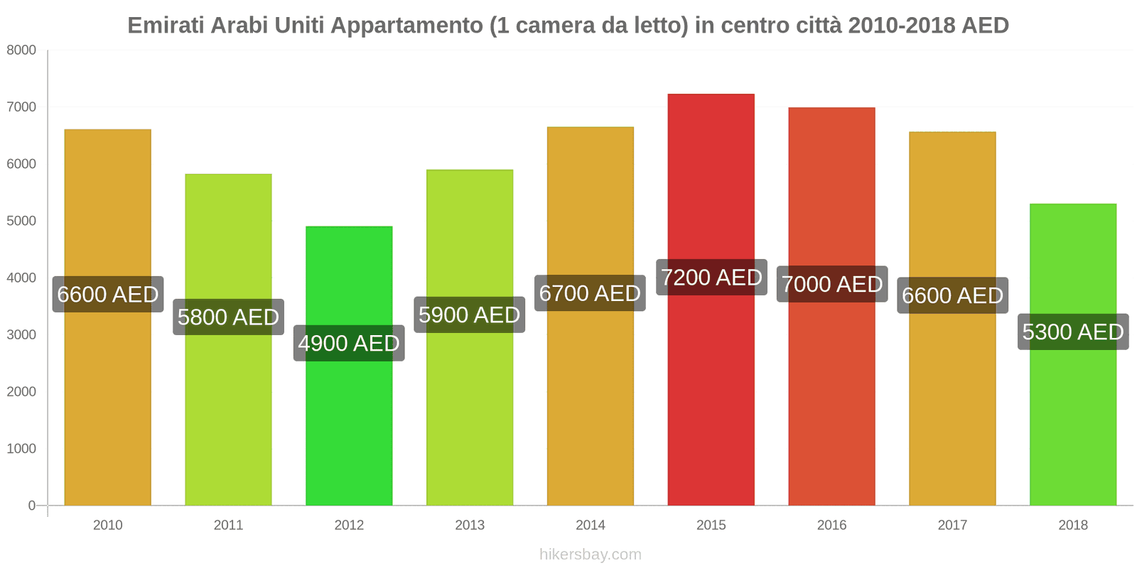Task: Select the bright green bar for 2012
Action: point(349,426)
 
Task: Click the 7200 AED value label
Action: point(711,278)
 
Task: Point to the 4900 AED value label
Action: point(349,344)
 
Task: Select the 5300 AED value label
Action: point(1072,332)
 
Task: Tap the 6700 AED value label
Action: point(590,293)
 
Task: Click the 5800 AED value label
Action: point(228,317)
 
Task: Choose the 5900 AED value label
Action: point(469,315)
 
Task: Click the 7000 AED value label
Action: point(832,285)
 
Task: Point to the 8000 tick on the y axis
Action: point(21,50)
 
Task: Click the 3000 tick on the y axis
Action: point(21,335)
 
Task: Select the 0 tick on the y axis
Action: point(31,506)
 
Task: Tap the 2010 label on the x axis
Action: point(107,525)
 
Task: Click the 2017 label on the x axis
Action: point(952,525)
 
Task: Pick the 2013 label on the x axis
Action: point(469,525)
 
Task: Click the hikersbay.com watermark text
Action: point(590,555)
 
